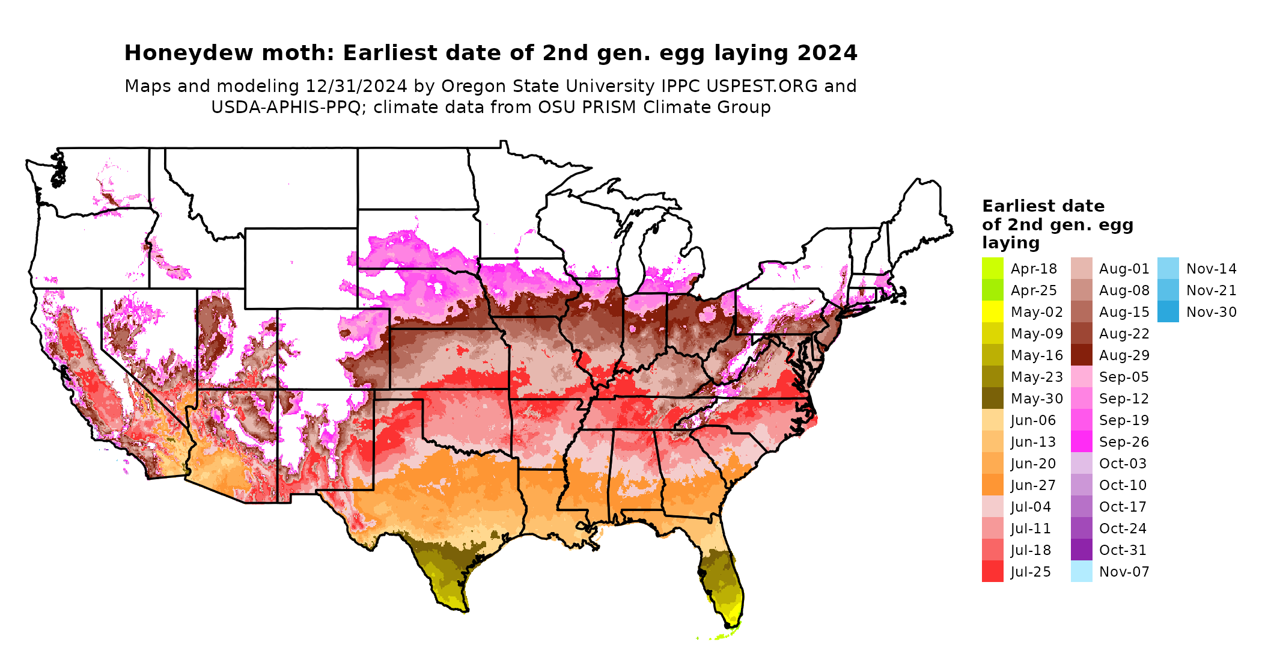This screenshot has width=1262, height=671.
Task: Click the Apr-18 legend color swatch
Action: coord(992,268)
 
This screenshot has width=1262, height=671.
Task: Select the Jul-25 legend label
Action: coord(1031,572)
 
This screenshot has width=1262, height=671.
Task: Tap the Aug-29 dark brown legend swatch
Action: coord(1081,355)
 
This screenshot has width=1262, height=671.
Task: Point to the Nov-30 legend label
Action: coord(1211,312)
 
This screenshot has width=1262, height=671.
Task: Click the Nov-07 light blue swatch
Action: coord(1081,571)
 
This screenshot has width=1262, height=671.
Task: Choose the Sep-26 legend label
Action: coord(1124,442)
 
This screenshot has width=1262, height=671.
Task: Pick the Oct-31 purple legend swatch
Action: coord(1081,550)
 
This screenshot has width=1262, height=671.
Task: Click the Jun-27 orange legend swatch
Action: coord(992,485)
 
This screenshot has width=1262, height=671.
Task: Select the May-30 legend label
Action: coord(1037,399)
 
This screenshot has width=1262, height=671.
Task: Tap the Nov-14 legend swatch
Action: coord(1168,268)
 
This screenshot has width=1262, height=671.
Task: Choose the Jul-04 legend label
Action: coord(1031,507)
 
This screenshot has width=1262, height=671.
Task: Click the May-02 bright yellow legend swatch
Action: coord(992,311)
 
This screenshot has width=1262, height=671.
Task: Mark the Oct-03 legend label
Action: coord(1123,464)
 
